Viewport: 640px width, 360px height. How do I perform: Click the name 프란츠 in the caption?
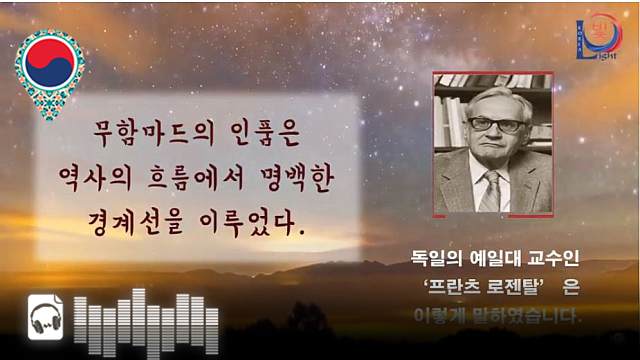[x=457, y=288]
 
